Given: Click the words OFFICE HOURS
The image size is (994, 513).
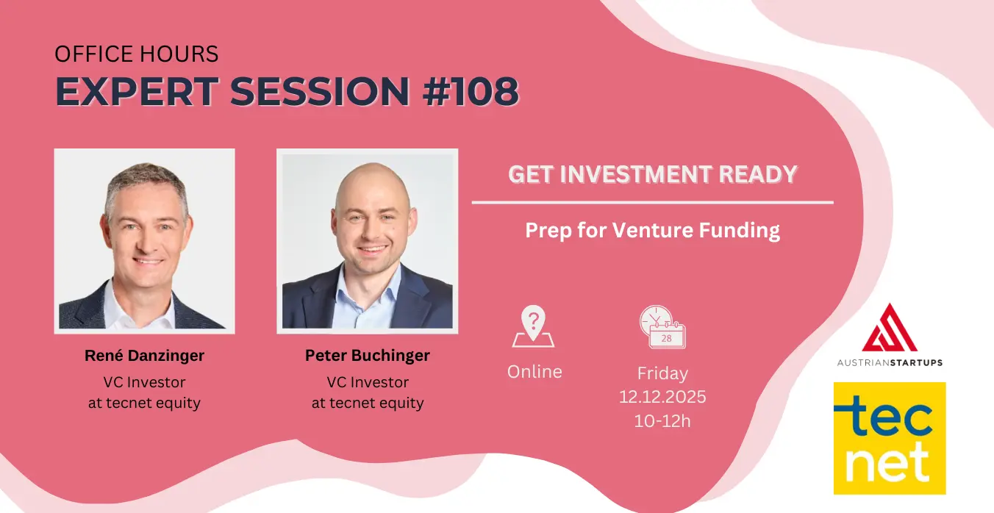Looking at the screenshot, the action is tap(136, 54).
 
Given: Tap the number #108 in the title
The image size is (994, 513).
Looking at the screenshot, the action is tap(471, 91).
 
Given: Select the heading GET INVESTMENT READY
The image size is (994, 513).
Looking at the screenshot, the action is tap(652, 174).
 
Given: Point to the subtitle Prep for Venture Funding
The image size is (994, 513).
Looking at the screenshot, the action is tap(652, 230).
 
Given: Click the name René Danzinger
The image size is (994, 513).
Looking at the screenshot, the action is tap(144, 356).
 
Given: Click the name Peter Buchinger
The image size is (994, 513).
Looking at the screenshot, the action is tap(368, 356).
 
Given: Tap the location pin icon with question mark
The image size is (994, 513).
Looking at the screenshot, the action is tap(533, 326).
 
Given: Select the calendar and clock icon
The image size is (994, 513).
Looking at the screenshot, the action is tap(662, 326).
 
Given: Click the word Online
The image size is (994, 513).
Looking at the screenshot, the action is tap(534, 372).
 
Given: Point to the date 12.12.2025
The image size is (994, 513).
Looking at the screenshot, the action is tap(662, 397).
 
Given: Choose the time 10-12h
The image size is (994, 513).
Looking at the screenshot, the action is tap(662, 420).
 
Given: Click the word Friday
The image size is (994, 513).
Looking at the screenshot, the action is tap(662, 373).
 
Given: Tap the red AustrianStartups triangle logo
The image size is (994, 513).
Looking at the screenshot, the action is tap(890, 329).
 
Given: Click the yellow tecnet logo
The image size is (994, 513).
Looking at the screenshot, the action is tap(890, 438).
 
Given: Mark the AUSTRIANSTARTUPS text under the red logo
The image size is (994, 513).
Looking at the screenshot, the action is tap(890, 362).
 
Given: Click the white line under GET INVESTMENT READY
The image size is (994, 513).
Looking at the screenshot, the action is tap(652, 202).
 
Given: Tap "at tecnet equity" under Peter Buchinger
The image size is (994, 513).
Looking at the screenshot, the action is tap(368, 403).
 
